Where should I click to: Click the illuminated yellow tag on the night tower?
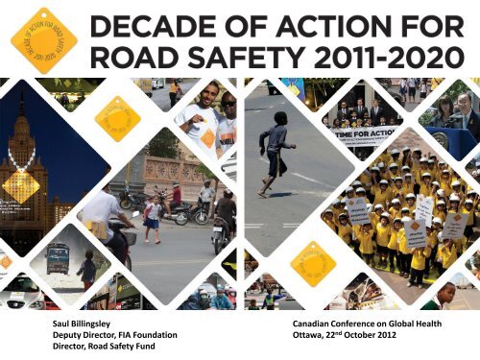[21, 184]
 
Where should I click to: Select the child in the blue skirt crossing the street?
[152, 217]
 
